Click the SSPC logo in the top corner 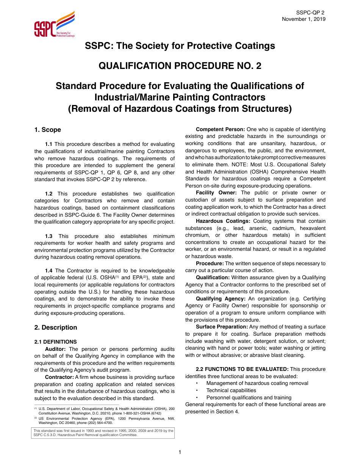click(x=54, y=25)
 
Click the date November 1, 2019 click(x=304, y=19)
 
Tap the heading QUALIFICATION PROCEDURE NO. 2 click(x=180, y=66)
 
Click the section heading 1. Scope click(x=47, y=130)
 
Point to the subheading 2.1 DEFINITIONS click(x=55, y=342)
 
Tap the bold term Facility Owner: click(x=216, y=193)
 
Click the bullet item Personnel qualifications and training click(x=249, y=397)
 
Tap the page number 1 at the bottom click(x=180, y=452)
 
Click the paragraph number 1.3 click(x=49, y=236)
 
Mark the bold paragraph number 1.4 click(x=49, y=271)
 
